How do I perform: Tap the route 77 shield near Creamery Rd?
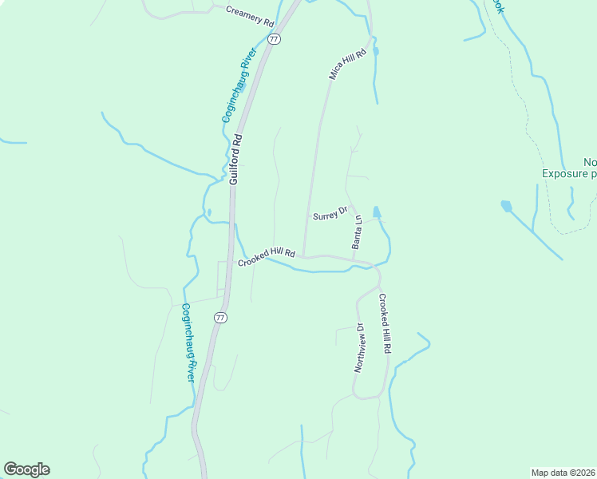pos(274,38)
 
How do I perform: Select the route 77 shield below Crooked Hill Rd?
pos(220,318)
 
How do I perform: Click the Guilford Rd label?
pos(235,160)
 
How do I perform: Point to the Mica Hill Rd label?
pos(347,64)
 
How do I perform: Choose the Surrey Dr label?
pos(330,214)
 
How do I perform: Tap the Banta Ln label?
pos(358,232)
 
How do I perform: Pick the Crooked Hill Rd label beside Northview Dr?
pos(385,324)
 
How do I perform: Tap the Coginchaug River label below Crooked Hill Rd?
pos(188,342)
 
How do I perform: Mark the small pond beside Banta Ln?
pos(377,212)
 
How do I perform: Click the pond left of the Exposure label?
pos(506,206)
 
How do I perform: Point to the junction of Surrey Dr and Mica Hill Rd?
pos(308,215)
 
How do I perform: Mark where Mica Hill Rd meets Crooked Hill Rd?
pos(302,256)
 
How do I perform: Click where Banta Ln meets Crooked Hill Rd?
pos(354,259)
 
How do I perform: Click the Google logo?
pos(26,469)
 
